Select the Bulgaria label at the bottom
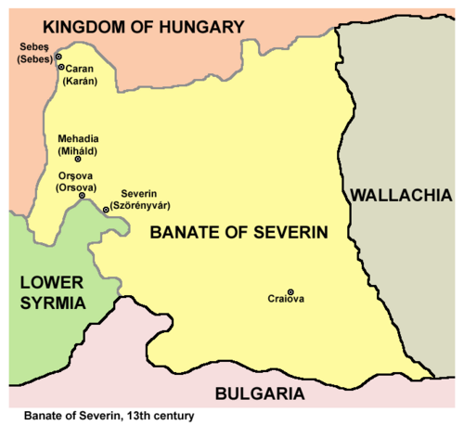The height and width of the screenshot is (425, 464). [x=259, y=393]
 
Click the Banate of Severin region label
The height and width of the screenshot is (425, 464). [x=239, y=234]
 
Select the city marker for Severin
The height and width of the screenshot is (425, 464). [x=106, y=210]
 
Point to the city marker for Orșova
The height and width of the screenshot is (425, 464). [x=83, y=195]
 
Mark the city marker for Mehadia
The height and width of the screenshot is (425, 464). [x=78, y=159]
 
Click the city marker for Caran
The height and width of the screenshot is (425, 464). [x=61, y=67]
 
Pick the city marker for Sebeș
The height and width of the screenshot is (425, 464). [x=57, y=57]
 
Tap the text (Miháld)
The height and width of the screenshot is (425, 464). [x=78, y=147]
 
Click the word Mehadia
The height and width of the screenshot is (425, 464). [x=78, y=135]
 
